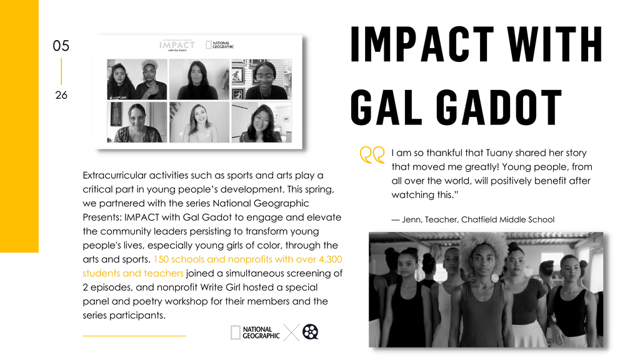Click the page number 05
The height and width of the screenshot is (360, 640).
[61, 46]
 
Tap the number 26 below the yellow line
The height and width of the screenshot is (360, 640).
[61, 95]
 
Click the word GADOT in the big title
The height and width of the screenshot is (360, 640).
[499, 107]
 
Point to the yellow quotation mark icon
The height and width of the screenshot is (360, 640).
[372, 155]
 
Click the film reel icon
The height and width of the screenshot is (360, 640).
[310, 332]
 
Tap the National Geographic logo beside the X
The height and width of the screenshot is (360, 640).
[255, 332]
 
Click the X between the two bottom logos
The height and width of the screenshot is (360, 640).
[291, 332]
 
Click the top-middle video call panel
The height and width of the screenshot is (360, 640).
[199, 79]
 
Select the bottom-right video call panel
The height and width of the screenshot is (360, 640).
[262, 122]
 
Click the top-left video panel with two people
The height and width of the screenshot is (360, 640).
[137, 79]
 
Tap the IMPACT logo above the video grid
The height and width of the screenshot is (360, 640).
[177, 45]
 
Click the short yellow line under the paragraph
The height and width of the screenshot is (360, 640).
[134, 336]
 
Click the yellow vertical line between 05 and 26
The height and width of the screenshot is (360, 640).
[61, 71]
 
